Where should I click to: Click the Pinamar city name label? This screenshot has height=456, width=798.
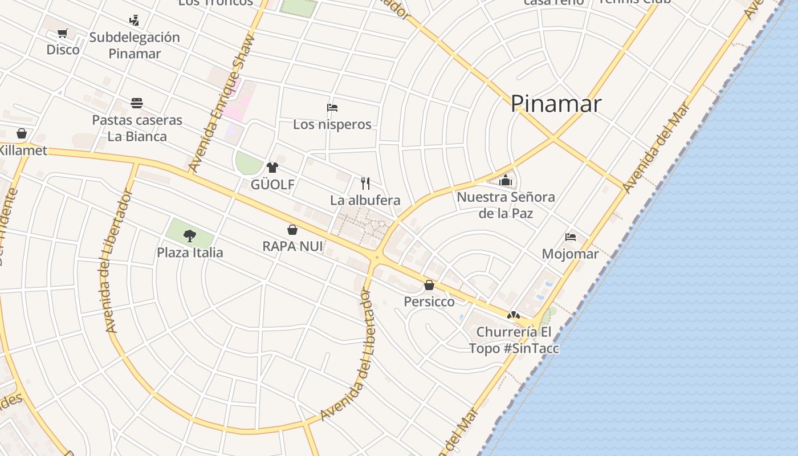pos(556,104)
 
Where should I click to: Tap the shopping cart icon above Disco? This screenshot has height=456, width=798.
pos(63,34)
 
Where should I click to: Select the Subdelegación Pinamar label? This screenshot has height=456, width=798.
pos(135,46)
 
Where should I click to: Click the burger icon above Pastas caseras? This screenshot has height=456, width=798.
pos(137,103)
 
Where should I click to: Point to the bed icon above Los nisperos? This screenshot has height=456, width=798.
pos(332,108)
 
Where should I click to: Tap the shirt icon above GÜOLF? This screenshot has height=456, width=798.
pos(272,168)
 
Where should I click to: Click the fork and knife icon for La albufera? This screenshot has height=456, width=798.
pos(365,184)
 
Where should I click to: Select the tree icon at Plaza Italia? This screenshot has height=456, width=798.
pos(190,235)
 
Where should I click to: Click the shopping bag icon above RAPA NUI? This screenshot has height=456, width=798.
pos(292,230)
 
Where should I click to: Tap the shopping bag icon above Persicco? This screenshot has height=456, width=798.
pos(429,285)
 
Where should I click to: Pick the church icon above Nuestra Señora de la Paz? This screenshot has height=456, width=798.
pos(506,181)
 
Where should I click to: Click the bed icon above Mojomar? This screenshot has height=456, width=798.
pos(571,237)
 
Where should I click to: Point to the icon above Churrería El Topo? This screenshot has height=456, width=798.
pos(514,315)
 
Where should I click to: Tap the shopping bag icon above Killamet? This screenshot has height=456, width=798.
pos(22,133)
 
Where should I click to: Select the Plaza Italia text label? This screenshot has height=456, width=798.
pos(190,253)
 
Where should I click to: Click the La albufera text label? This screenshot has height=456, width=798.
pos(365,201)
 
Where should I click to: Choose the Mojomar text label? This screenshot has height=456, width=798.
pos(570,254)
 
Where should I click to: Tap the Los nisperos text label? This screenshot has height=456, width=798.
pos(332,124)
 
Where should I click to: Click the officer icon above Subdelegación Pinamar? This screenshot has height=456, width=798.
pos(134,21)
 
